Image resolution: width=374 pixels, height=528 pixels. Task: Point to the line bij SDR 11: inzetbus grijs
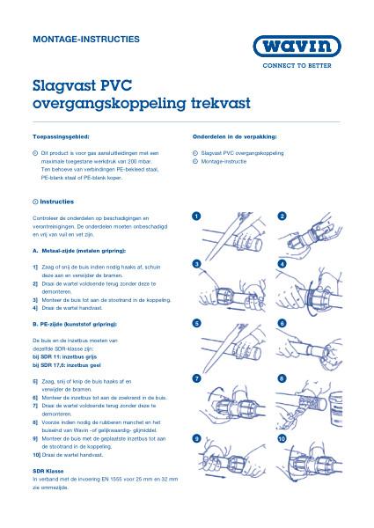68,356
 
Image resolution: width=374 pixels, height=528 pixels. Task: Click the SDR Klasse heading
48,471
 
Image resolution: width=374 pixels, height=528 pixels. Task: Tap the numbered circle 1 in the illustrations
197,216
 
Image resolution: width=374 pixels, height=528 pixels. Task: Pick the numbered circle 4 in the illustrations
282,264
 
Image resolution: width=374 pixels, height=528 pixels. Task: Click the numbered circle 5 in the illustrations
197,324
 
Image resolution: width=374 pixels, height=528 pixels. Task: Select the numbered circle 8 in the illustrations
282,378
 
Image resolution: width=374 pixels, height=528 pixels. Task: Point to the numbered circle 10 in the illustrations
282,437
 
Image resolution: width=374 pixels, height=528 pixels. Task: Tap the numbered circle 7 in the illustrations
197,378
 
